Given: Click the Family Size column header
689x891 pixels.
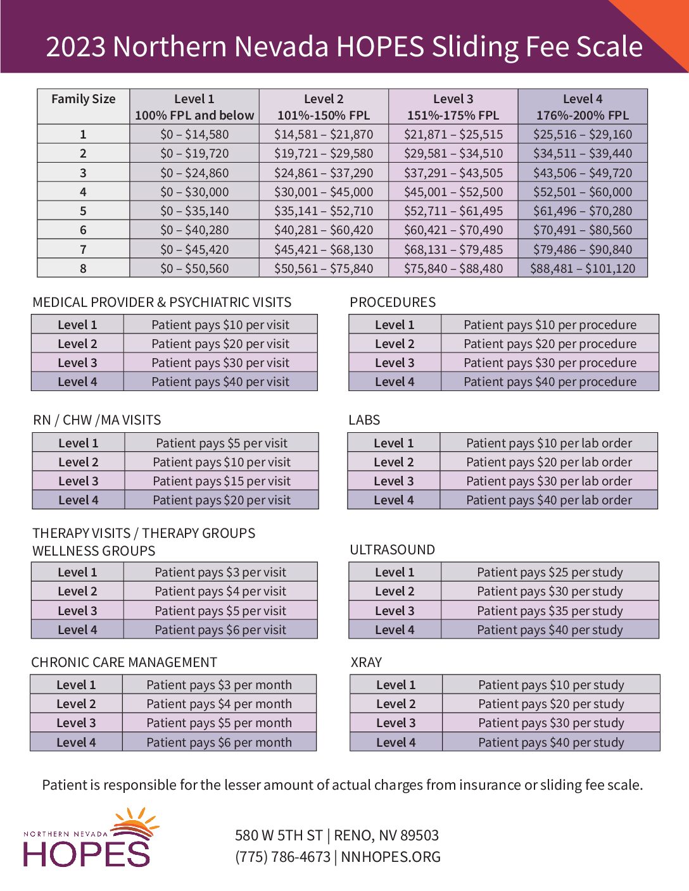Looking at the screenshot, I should [84, 99].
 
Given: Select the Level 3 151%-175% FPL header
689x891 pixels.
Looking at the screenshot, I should [453, 107].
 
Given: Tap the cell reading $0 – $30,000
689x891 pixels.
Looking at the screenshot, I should [194, 192].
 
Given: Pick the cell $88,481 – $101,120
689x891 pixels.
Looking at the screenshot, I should [583, 268].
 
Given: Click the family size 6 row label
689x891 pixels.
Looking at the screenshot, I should [83, 230].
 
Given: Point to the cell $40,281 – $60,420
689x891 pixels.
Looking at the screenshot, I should [324, 230].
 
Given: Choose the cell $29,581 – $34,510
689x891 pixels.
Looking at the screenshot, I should [453, 154].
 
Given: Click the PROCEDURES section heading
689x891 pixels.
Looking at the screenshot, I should [393, 302].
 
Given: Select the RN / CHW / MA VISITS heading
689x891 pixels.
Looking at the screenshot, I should [97, 420].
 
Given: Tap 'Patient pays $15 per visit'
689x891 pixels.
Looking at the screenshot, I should [222, 481].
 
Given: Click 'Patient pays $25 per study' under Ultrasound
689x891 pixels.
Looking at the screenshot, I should [550, 573].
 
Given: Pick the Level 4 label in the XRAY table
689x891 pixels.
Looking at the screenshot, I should [396, 742].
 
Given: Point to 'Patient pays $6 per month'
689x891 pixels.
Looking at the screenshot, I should [219, 742].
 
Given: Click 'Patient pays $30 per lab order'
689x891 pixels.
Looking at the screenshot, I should [549, 481].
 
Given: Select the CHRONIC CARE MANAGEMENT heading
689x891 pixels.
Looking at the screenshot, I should [124, 663].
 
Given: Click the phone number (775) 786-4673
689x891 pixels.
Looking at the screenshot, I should [282, 857].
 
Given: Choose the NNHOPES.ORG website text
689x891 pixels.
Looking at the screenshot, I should [391, 857].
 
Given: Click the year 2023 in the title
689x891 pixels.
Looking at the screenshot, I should [75, 47].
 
